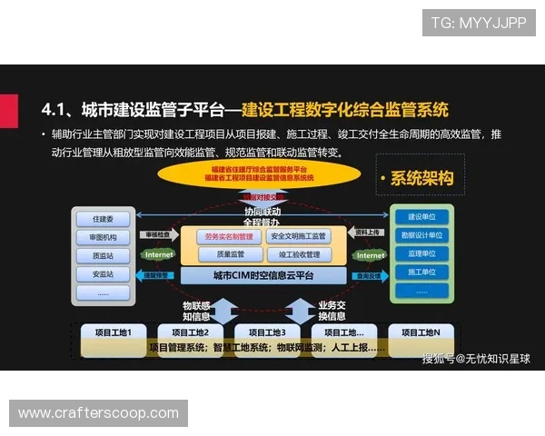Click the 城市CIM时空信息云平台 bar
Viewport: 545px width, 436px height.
point(262,275)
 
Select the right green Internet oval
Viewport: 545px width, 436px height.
point(370,256)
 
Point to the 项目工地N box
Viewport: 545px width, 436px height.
point(421,332)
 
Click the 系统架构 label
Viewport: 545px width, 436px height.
point(419,178)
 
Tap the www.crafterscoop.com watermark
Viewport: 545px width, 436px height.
point(98,413)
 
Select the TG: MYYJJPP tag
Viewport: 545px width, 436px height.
point(479,23)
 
